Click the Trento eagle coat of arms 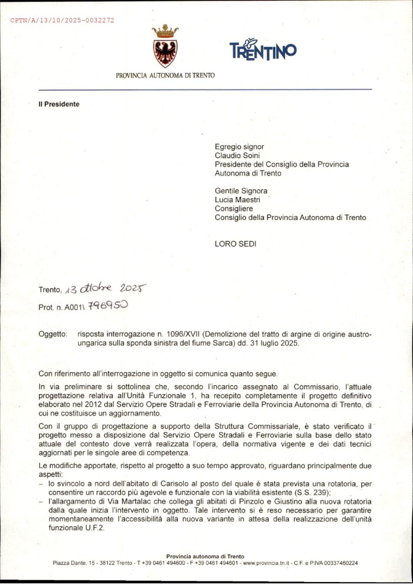165,47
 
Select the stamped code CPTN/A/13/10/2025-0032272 62,20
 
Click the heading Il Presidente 59,104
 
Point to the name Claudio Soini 237,155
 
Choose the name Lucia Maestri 237,200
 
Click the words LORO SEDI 235,244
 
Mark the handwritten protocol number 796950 108,306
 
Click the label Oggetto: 53,334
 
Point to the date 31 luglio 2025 274,343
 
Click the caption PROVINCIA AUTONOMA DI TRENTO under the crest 165,75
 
